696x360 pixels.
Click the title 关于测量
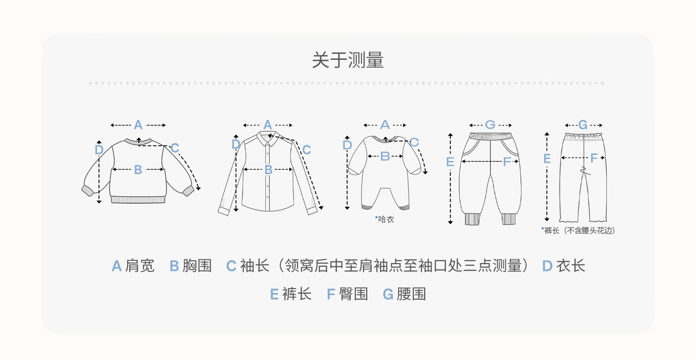click(348, 60)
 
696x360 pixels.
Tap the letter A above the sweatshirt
click(138, 125)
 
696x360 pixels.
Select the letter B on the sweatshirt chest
click(138, 170)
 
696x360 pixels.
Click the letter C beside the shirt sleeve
click(306, 150)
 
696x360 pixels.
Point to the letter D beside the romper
click(347, 145)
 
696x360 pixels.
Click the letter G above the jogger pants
click(490, 125)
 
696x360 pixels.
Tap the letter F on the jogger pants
click(507, 161)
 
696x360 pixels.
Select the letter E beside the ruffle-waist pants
click(547, 159)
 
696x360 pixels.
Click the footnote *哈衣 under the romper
click(384, 219)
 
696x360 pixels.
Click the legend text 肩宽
click(140, 266)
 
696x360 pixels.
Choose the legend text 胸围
click(197, 266)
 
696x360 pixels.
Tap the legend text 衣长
click(570, 266)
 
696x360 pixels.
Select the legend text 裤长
click(297, 294)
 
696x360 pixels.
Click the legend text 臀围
click(353, 294)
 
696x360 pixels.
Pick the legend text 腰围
click(411, 294)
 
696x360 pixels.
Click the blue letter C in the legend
click(231, 266)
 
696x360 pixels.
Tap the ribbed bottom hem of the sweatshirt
click(138, 200)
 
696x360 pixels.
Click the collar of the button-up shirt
click(268, 139)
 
